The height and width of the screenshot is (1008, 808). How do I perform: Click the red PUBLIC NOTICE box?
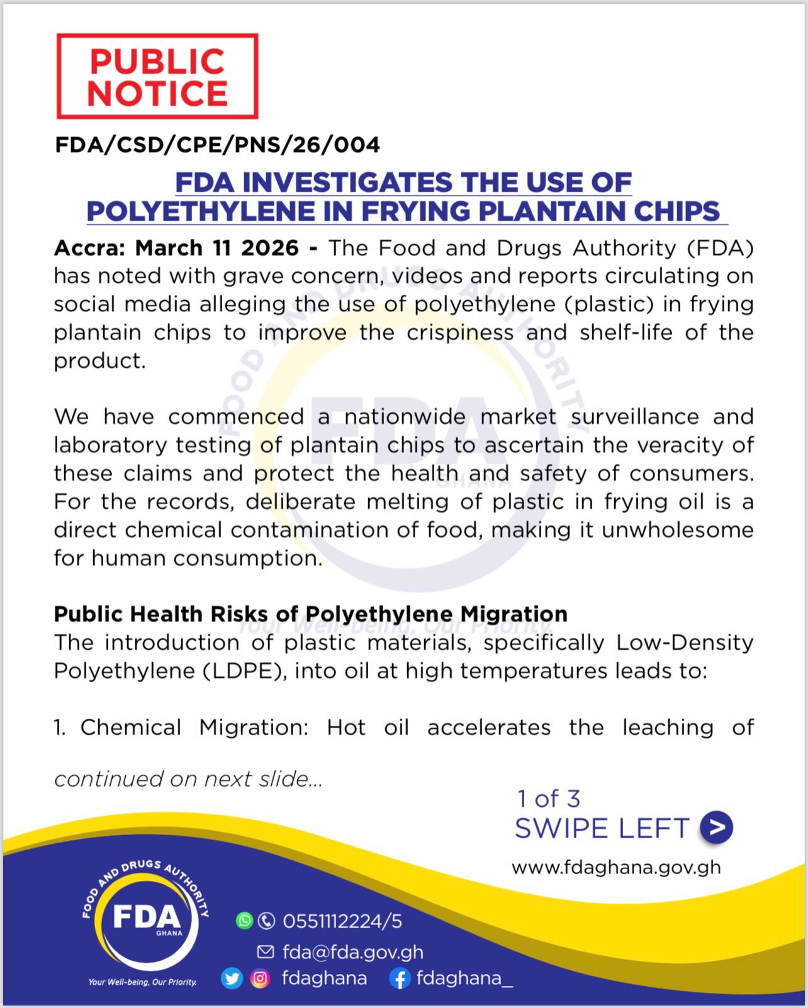(x=157, y=76)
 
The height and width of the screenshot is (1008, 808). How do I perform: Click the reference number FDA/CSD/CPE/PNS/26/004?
(x=217, y=145)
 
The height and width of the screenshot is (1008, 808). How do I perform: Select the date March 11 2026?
(x=216, y=248)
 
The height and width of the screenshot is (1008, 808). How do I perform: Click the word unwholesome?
(x=678, y=529)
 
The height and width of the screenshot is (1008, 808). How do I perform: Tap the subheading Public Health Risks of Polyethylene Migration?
(x=310, y=614)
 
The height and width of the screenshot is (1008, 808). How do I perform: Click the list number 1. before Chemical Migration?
(x=60, y=728)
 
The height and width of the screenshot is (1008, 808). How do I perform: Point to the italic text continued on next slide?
(x=188, y=779)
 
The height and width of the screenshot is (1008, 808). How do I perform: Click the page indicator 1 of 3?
(x=548, y=799)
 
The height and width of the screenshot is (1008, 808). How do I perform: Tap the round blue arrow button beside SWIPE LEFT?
(x=717, y=827)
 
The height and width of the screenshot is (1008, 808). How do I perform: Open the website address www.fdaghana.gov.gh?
(x=616, y=868)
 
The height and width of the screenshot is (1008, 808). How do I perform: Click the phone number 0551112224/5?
(x=342, y=921)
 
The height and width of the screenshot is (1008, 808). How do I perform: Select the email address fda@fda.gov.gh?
(x=352, y=952)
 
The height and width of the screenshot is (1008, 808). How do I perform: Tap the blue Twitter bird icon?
(x=232, y=978)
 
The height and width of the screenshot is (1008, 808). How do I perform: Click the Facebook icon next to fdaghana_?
(x=400, y=978)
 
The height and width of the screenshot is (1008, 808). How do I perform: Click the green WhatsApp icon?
(x=244, y=921)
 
